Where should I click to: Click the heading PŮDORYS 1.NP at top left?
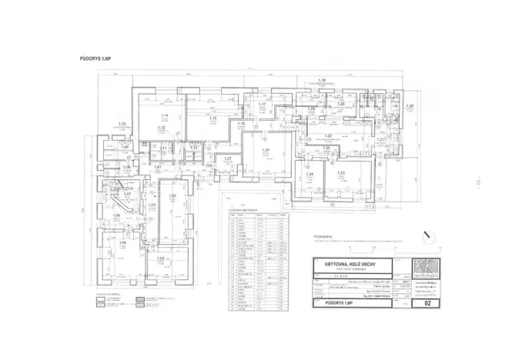coord(95,58)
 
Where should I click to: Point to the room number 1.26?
coord(266,150)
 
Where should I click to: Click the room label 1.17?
coord(263,104)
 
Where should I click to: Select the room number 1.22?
coord(328,135)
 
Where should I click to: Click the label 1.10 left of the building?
coord(122,123)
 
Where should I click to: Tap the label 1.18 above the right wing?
coord(323,80)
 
